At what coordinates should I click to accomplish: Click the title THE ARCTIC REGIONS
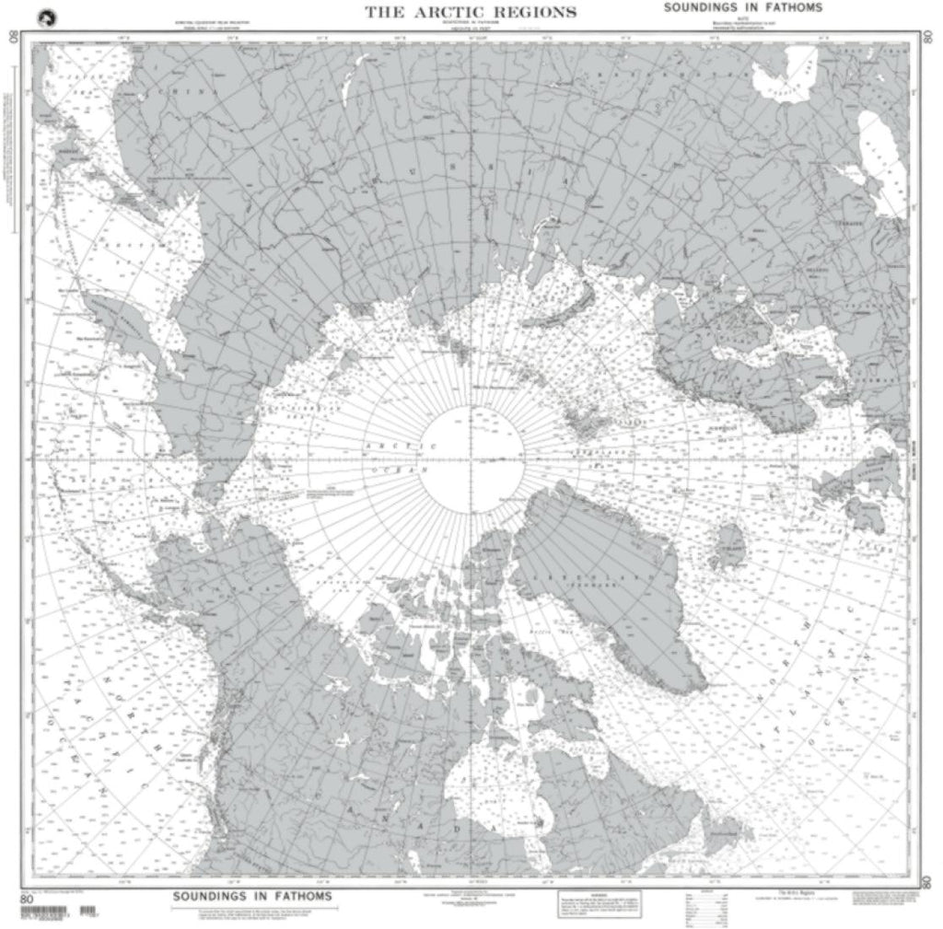(x=471, y=12)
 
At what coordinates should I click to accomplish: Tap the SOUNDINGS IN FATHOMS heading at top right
(x=741, y=8)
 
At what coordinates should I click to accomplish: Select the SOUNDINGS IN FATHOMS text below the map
(x=253, y=896)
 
